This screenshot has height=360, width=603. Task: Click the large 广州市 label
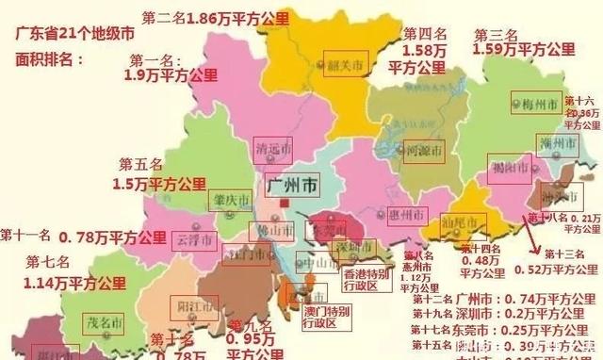click(292, 180)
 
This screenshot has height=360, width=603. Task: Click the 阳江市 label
click(197, 306)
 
